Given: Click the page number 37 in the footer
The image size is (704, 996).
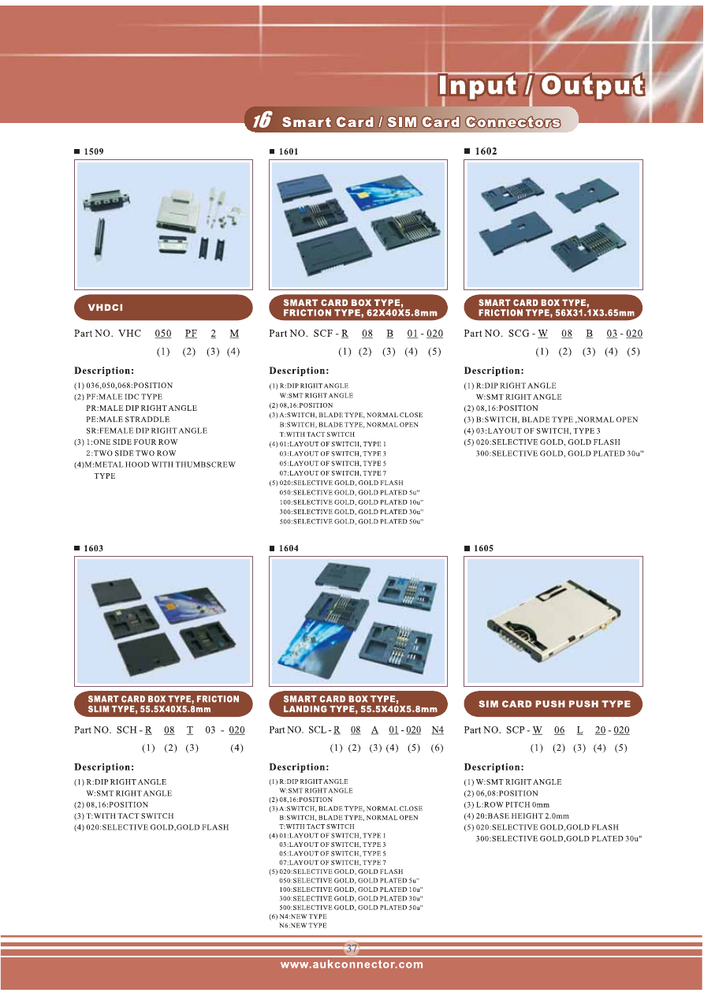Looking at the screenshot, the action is [352, 949].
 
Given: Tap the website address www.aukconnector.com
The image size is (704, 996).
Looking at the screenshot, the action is [352, 964].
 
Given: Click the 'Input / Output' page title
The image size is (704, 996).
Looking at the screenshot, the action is [541, 85].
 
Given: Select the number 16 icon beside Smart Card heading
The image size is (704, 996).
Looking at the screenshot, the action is [263, 120].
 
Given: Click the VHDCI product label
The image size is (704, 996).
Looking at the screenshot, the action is [106, 308].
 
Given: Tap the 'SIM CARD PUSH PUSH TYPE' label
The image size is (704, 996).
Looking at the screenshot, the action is [554, 704].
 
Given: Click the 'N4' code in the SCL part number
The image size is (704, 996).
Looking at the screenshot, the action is [438, 729].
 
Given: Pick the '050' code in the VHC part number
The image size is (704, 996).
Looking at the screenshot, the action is [162, 334].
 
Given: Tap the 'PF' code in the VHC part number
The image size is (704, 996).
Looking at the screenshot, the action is [191, 334].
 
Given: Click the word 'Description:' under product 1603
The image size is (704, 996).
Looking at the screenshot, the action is [103, 767].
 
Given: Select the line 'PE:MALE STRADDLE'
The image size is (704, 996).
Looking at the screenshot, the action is [128, 420].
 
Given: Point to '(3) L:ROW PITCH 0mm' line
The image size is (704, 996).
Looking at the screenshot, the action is [507, 805].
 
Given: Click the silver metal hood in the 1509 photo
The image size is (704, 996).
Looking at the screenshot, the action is [177, 210].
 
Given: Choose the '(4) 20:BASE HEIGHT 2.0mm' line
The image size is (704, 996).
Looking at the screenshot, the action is [516, 816].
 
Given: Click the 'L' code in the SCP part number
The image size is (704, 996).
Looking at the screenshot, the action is [579, 729].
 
